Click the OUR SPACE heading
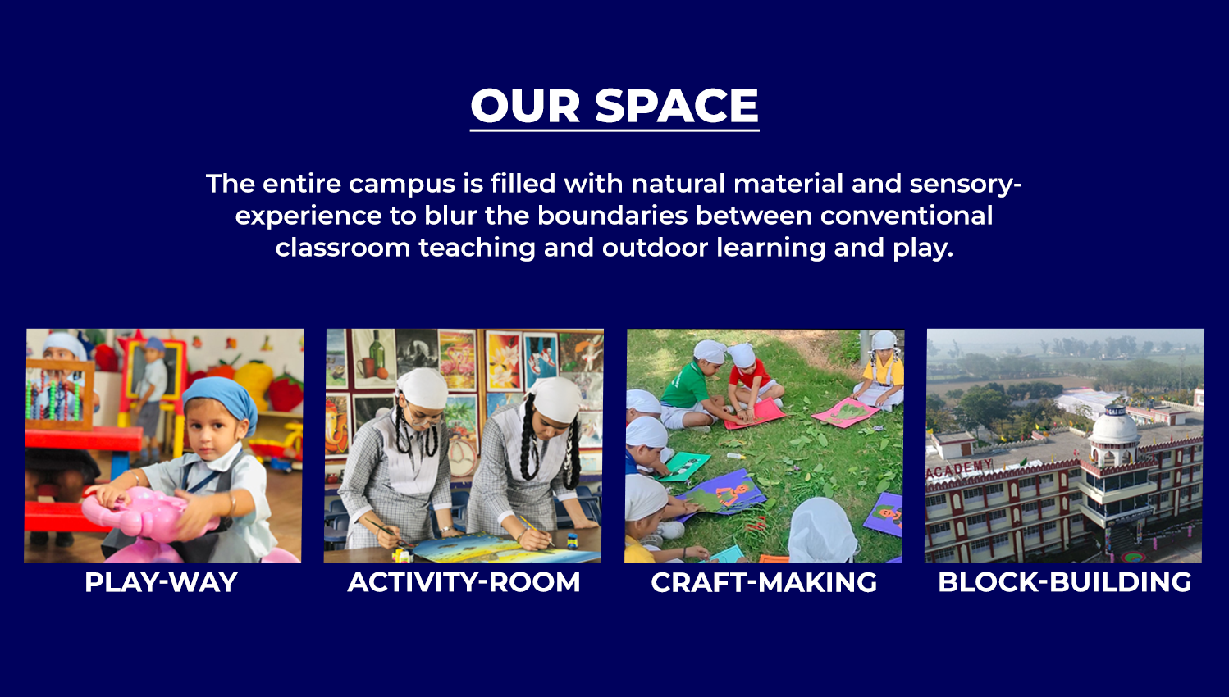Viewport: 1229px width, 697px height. point(614,106)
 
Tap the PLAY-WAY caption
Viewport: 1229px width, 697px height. point(161,582)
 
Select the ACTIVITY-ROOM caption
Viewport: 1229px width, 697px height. point(464,582)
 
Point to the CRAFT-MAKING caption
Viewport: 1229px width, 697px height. point(764,582)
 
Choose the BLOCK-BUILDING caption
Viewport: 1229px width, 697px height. point(1064,582)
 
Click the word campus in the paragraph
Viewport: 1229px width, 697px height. point(402,184)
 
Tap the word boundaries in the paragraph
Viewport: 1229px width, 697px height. point(612,215)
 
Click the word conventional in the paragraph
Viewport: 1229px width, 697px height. point(907,215)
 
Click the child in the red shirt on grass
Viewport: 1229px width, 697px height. point(753,378)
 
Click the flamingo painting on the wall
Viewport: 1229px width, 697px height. point(456,360)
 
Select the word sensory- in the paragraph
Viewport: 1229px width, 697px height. point(966,184)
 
